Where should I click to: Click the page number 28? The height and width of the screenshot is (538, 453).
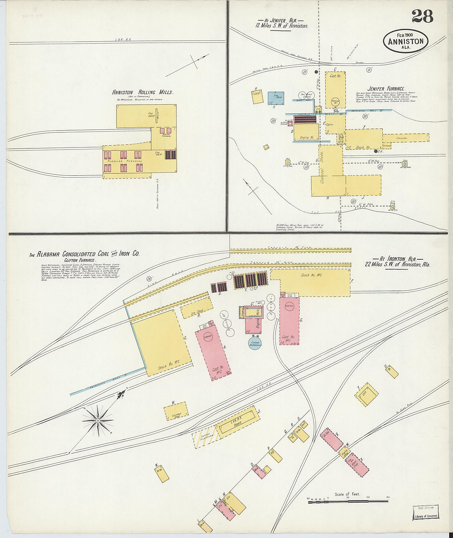[422, 16]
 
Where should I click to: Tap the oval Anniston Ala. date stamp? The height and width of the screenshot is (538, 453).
[406, 41]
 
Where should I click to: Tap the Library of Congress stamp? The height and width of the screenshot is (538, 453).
[426, 512]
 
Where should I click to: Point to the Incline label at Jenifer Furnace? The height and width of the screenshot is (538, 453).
[402, 139]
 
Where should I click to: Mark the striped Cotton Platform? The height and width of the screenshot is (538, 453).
[205, 436]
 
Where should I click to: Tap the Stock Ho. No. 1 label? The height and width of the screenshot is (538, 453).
[311, 275]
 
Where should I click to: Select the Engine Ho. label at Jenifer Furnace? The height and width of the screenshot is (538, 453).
[307, 137]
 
